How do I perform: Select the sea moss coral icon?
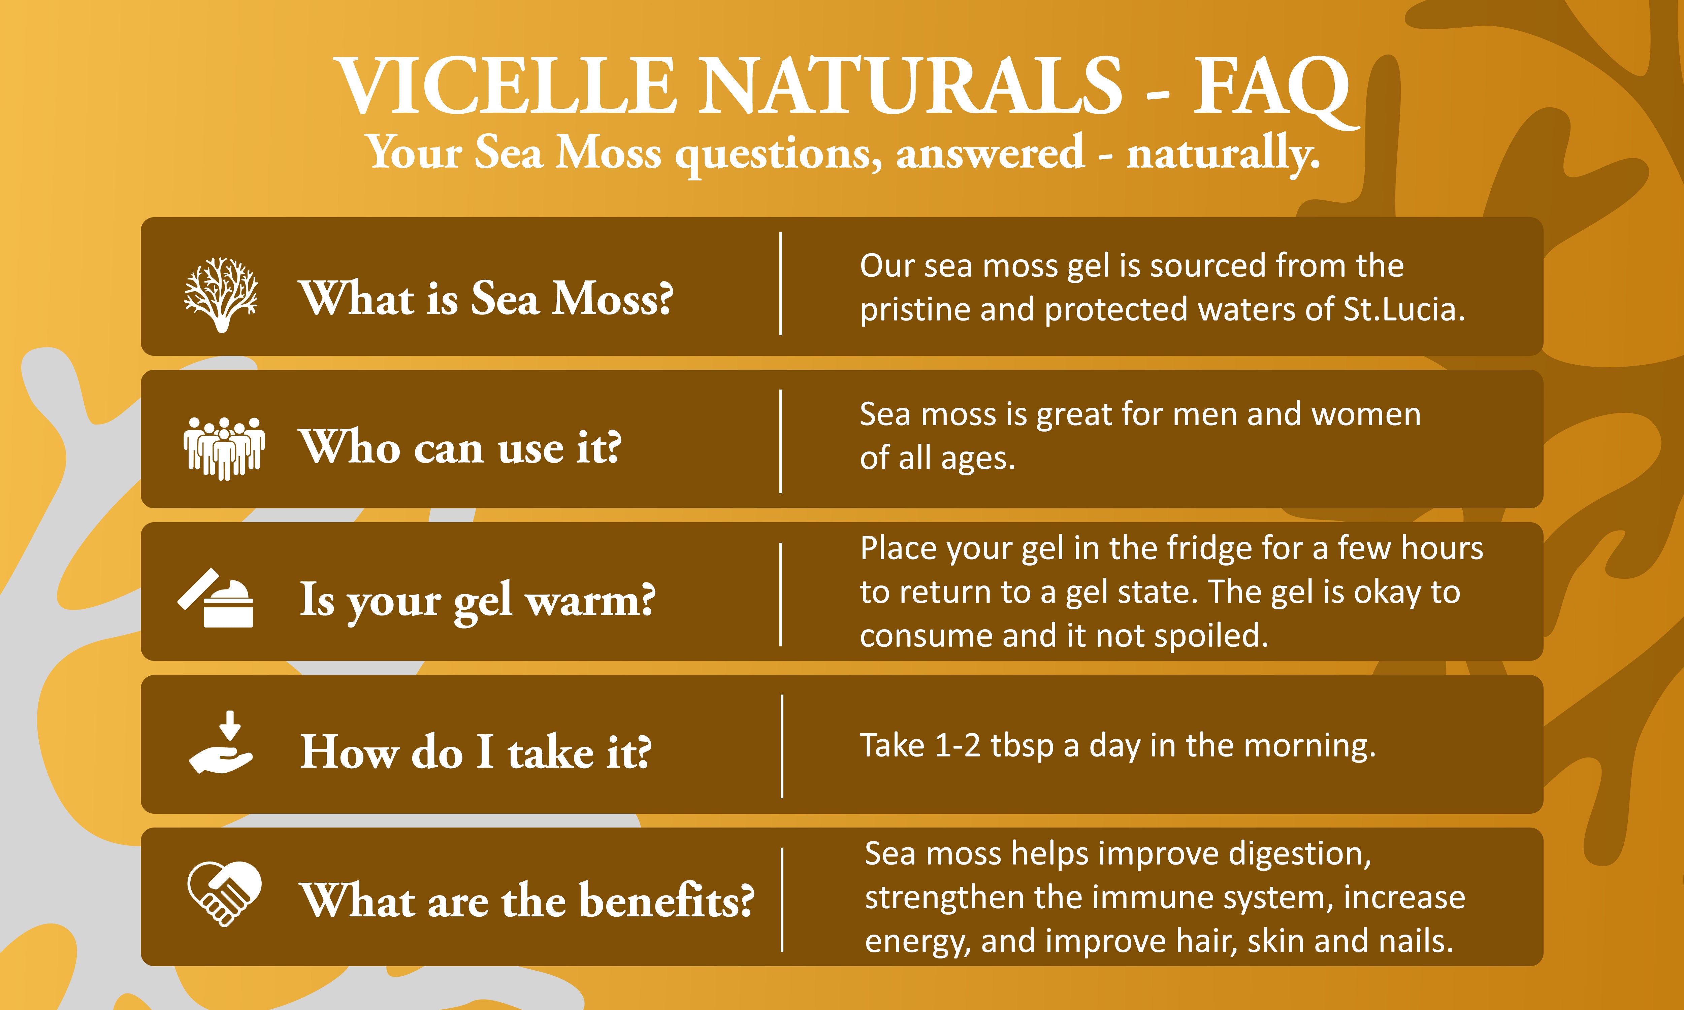[221, 295]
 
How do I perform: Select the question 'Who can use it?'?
[460, 447]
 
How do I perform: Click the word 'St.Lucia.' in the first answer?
[1403, 310]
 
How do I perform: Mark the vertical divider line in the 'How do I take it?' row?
[782, 746]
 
